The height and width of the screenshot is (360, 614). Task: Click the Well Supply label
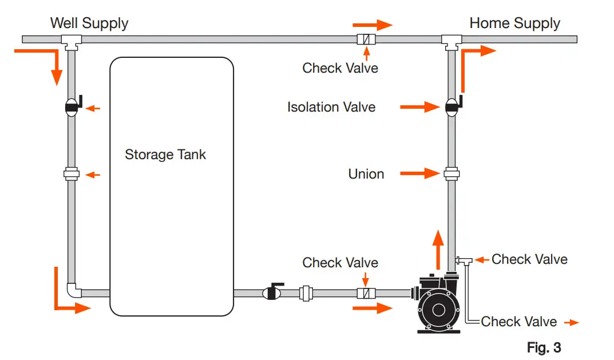coord(89,23)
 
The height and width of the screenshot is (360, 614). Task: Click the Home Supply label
coord(514,23)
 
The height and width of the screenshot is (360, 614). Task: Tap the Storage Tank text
coord(165,155)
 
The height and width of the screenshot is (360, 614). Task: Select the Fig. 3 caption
coord(543,347)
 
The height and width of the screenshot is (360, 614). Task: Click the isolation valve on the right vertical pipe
coord(451,106)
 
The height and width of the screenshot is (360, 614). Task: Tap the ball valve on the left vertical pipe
coord(72,107)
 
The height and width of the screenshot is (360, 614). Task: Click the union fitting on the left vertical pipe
coord(72,174)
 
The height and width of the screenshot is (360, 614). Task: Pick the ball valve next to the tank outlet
coord(272,293)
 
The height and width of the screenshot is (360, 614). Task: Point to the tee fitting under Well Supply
coord(72,41)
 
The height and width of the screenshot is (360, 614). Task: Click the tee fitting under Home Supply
coord(451,41)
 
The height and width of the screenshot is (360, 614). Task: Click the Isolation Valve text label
coord(331,107)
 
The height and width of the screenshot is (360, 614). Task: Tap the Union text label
coord(366,174)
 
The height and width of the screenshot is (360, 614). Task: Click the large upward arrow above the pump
coord(438,249)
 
